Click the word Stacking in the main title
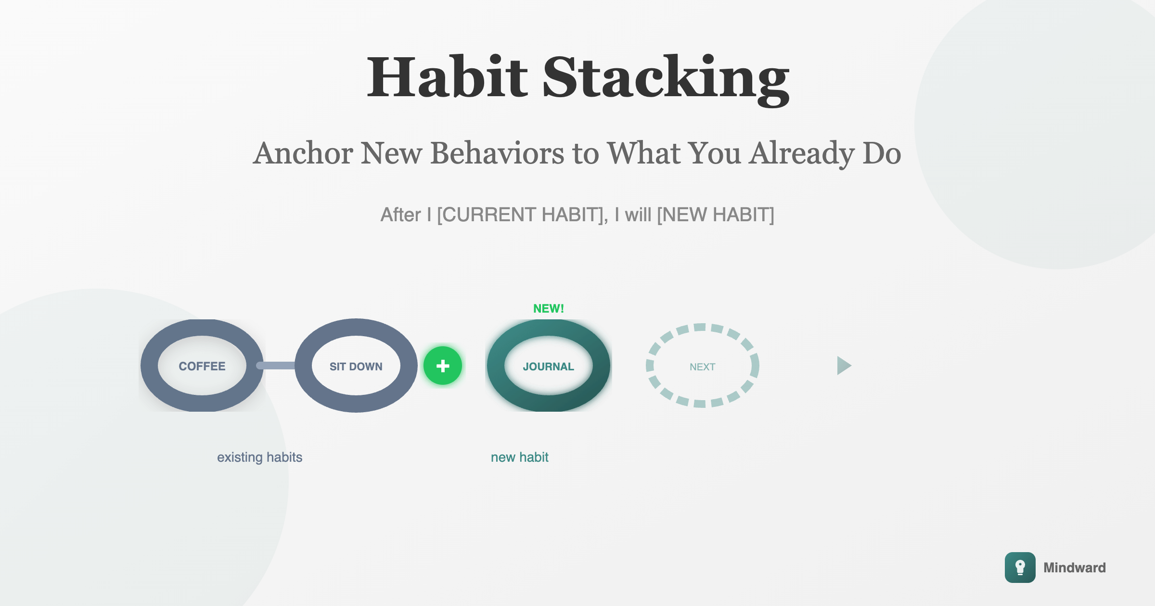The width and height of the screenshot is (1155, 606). pos(666,79)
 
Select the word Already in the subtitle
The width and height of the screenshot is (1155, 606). pos(802,154)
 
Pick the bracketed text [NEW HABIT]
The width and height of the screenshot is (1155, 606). pos(716,215)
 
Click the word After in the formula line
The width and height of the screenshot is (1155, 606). pos(401,215)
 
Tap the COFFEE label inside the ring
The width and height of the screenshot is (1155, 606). pos(202,366)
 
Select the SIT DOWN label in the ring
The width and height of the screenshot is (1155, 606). pos(356,366)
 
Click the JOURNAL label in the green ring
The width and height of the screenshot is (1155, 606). pos(549,366)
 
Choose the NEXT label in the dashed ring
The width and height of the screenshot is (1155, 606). pos(703,367)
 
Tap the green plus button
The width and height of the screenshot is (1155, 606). pos(443,366)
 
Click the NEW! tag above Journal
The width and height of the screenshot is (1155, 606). pos(549,308)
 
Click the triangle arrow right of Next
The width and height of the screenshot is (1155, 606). pos(843,366)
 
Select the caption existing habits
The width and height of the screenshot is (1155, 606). pos(260,457)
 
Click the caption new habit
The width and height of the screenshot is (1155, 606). pos(520,457)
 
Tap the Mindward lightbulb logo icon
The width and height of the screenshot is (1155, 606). pos(1020,568)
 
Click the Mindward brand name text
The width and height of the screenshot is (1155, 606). pos(1075,568)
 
